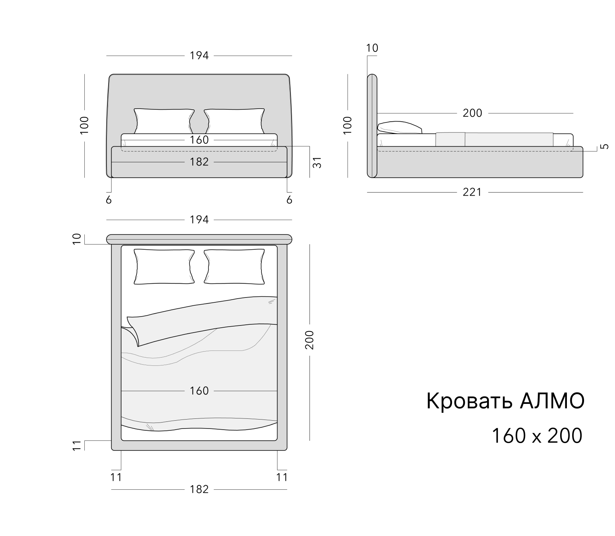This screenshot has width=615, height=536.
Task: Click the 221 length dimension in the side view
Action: click(x=472, y=192)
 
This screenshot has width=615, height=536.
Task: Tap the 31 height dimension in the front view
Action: click(x=317, y=162)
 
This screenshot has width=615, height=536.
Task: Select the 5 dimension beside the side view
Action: click(x=605, y=146)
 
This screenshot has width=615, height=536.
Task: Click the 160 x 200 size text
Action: click(x=537, y=436)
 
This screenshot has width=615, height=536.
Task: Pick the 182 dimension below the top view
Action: click(x=199, y=489)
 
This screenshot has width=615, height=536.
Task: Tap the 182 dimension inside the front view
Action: click(x=199, y=162)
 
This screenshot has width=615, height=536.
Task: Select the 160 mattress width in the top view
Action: click(x=199, y=391)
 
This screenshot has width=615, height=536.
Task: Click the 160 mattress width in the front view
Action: click(x=199, y=140)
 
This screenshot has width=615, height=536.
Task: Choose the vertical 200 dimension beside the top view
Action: click(x=310, y=340)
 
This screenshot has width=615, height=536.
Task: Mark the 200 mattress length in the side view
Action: click(x=472, y=113)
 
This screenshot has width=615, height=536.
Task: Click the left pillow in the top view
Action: click(x=164, y=267)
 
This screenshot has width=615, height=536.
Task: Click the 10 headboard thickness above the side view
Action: click(x=372, y=48)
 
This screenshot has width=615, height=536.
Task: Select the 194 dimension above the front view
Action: click(x=199, y=56)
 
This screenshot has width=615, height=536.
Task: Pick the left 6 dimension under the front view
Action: click(x=109, y=200)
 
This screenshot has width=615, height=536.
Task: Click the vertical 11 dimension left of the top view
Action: click(x=76, y=446)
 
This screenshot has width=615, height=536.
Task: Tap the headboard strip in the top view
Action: click(x=199, y=239)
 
